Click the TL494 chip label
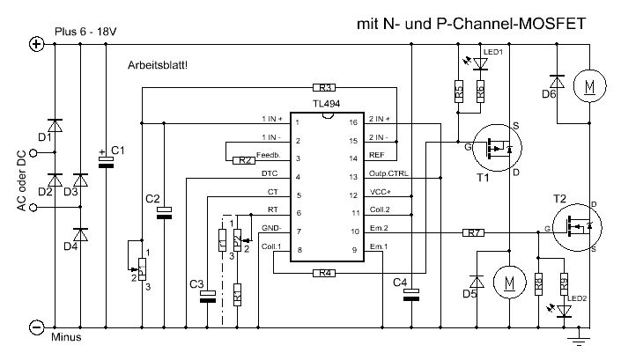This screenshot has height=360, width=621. point(326,104)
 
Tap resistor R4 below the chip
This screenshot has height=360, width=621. point(326,274)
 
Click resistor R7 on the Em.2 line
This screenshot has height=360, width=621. point(474,232)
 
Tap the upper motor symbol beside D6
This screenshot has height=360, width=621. point(588,86)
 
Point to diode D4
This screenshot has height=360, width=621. point(80,235)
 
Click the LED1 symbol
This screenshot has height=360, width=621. point(481,63)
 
